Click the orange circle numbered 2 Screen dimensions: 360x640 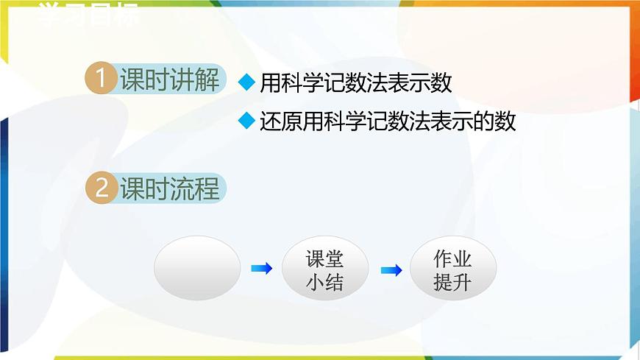[x=100, y=188]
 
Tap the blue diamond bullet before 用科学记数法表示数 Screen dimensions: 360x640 [x=246, y=83]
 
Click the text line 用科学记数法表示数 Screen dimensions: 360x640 [x=355, y=83]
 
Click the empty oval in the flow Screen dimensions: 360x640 [x=197, y=268]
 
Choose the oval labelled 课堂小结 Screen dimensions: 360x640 [x=324, y=269]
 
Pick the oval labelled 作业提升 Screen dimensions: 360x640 [x=452, y=269]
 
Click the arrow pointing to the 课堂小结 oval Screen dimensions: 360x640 [x=261, y=269]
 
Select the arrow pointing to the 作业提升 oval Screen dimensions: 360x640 [x=391, y=270]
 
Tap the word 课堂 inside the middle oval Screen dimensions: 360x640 [x=324, y=258]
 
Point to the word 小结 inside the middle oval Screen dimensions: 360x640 [x=324, y=281]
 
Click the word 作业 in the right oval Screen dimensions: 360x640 [x=452, y=258]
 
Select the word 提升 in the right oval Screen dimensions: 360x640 [x=452, y=281]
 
